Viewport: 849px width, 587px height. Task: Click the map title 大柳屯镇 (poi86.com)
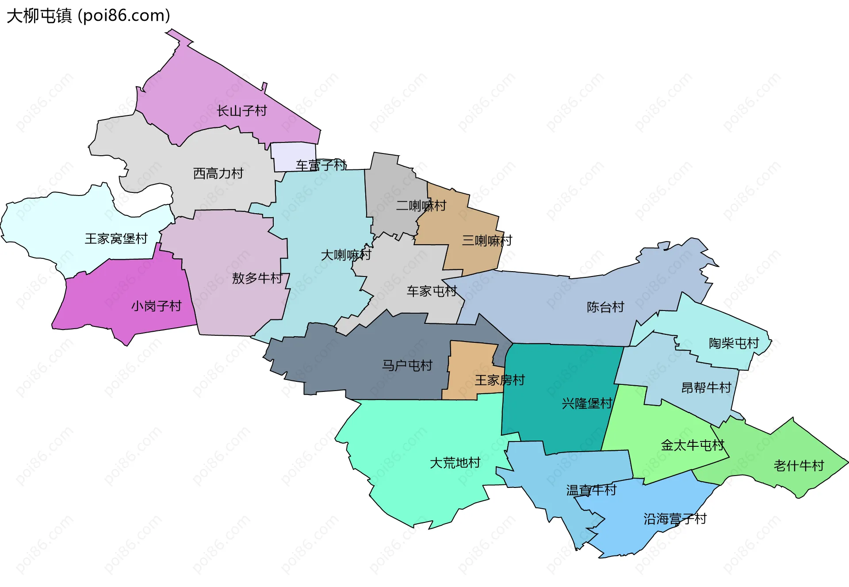click(88, 16)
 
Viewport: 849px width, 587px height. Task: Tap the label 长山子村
click(241, 111)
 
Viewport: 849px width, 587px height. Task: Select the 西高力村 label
click(218, 173)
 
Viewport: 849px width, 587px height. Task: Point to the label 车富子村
click(321, 165)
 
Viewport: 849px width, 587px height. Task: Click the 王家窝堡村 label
click(116, 239)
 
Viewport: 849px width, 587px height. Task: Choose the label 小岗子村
click(156, 306)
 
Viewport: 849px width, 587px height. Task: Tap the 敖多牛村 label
click(257, 278)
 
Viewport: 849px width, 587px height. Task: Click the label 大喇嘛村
click(346, 255)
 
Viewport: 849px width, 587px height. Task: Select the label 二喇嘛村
click(421, 206)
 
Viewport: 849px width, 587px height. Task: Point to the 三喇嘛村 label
click(487, 241)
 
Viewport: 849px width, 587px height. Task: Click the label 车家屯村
click(432, 292)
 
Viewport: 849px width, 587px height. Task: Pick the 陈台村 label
click(605, 307)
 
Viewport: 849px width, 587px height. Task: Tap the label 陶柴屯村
click(734, 343)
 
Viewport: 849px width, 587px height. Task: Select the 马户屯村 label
click(407, 366)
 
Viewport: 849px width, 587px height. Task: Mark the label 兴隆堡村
click(587, 403)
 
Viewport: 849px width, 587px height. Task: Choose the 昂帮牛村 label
click(706, 388)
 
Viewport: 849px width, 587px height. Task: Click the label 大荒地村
click(455, 463)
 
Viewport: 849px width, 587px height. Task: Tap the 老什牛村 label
click(799, 466)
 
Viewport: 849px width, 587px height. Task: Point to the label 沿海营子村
click(675, 519)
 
